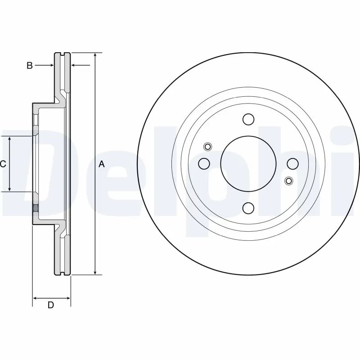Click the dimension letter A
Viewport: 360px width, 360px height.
[x=102, y=164]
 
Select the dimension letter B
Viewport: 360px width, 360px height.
[x=29, y=66]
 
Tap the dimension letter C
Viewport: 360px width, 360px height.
[x=3, y=164]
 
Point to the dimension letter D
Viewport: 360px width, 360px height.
[x=51, y=305]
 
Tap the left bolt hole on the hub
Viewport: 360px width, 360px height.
[x=204, y=163]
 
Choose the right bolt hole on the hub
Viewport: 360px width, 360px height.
[x=292, y=163]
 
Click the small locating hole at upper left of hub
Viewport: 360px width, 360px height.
[x=207, y=146]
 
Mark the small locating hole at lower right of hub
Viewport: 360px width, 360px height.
[x=288, y=181]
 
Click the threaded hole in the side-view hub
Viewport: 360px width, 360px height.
[x=35, y=208]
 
